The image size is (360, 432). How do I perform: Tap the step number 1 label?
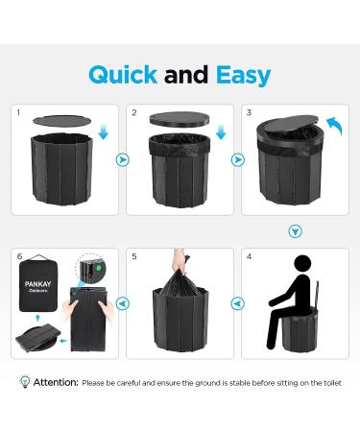point(17,113)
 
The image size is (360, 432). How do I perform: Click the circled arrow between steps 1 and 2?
point(120,160)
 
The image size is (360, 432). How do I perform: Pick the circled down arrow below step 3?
point(295,230)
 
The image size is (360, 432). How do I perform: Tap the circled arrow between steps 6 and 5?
point(120,302)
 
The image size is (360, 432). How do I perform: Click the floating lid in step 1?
point(60,120)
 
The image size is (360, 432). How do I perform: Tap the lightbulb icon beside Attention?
point(24,381)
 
